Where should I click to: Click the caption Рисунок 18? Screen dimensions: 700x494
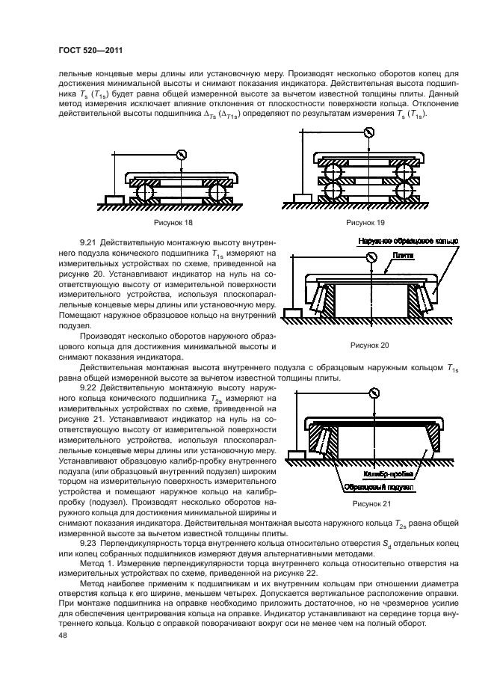tap(172, 223)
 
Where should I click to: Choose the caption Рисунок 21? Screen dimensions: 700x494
tap(372, 504)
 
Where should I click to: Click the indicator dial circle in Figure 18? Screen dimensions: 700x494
tap(180, 155)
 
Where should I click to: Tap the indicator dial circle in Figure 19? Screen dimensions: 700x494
tap(368, 133)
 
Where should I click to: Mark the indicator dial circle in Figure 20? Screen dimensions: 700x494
tap(371, 258)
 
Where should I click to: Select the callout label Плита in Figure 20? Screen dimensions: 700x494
tap(404, 255)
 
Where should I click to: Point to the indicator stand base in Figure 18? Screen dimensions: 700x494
tap(116, 200)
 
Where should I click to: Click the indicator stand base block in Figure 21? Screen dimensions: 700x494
tap(297, 454)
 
